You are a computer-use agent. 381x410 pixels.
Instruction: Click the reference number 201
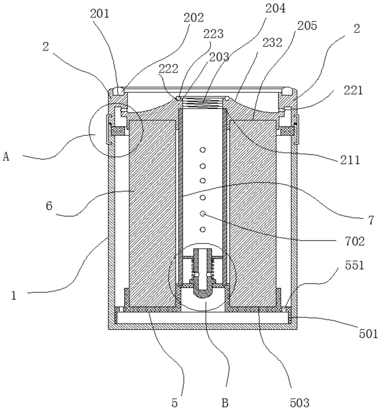[x=99, y=13]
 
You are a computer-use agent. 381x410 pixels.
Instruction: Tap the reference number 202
[x=194, y=18]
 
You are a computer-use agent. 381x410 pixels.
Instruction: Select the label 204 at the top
[x=276, y=8]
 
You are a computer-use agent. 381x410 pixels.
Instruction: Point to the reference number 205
[x=307, y=26]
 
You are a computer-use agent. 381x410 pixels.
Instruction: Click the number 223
[x=214, y=34]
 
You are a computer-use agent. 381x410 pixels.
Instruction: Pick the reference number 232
[x=272, y=42]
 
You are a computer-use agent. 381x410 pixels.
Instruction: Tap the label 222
[x=168, y=69]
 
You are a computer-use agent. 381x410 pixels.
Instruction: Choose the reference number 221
[x=353, y=91]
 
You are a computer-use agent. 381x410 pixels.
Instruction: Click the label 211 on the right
[x=350, y=160]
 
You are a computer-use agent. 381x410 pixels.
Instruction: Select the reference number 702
[x=355, y=241]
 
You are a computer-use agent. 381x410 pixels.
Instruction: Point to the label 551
[x=355, y=265]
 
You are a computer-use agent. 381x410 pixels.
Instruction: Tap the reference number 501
[x=368, y=334]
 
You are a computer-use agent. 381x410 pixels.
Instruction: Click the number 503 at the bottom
[x=300, y=403]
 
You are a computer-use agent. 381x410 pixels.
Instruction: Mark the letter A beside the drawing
[x=6, y=157]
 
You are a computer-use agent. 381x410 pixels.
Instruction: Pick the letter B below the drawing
[x=225, y=403]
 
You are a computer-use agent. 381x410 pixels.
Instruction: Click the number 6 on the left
[x=49, y=206]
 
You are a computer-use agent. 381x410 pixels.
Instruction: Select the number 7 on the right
[x=371, y=220]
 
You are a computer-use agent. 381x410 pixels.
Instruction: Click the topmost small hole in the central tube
[x=202, y=150]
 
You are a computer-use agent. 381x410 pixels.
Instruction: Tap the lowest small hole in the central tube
[x=202, y=230]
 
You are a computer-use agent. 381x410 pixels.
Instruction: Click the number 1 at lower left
[x=14, y=296]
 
